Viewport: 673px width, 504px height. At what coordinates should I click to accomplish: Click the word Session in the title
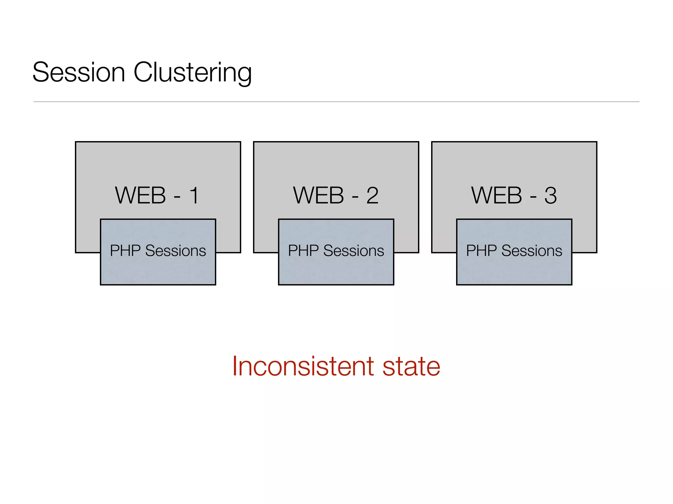coord(79,72)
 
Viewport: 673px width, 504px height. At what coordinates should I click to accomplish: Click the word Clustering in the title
coord(193,73)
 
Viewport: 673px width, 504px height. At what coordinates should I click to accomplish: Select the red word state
coord(411,366)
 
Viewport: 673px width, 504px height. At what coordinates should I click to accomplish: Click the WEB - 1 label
coord(157,196)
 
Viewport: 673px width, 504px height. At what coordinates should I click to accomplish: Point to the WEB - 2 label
coord(336,196)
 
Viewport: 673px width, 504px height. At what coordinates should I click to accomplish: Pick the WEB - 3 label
coord(514,196)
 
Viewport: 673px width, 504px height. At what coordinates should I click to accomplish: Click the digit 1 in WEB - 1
coord(194,196)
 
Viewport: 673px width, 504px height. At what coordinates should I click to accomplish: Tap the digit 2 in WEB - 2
coord(372,196)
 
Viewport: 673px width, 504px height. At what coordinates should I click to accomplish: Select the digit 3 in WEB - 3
coord(550,196)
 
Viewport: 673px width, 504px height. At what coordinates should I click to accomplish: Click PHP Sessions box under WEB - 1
coord(158,269)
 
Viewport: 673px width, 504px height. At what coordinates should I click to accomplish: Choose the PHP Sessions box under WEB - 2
coord(336,269)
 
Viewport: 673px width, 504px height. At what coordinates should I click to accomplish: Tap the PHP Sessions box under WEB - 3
coord(514,269)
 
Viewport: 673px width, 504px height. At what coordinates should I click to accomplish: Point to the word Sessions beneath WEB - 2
coord(354,251)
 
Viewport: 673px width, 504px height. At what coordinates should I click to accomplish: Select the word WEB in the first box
coord(140,196)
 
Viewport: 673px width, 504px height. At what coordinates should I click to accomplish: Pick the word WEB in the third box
coord(497,196)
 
